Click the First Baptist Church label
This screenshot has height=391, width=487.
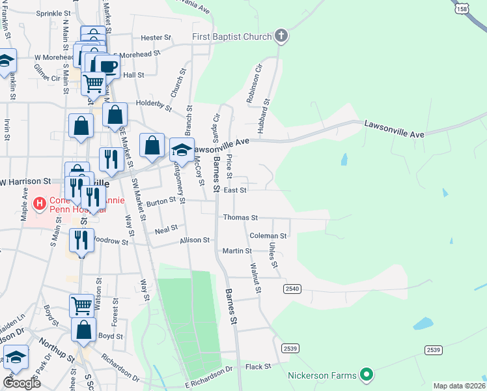[x=231, y=36]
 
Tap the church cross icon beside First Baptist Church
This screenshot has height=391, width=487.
[x=281, y=35]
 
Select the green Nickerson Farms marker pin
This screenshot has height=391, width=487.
[x=366, y=375]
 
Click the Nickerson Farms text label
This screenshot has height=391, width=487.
[x=323, y=375]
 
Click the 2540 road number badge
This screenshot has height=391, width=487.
[x=292, y=287]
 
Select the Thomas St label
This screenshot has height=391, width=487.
[x=240, y=218]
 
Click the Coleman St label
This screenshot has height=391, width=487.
[x=268, y=235]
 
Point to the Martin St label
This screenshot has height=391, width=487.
[x=237, y=251]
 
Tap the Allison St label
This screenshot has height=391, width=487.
[x=195, y=240]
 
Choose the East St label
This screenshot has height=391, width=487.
[x=234, y=190]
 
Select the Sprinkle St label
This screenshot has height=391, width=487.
[x=53, y=13]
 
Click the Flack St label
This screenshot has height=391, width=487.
[x=258, y=367]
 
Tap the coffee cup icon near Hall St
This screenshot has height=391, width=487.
[x=107, y=66]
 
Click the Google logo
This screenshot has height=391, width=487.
[x=21, y=383]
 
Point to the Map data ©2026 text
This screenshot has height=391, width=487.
[x=459, y=386]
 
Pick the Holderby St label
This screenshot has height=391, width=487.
[x=153, y=104]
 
